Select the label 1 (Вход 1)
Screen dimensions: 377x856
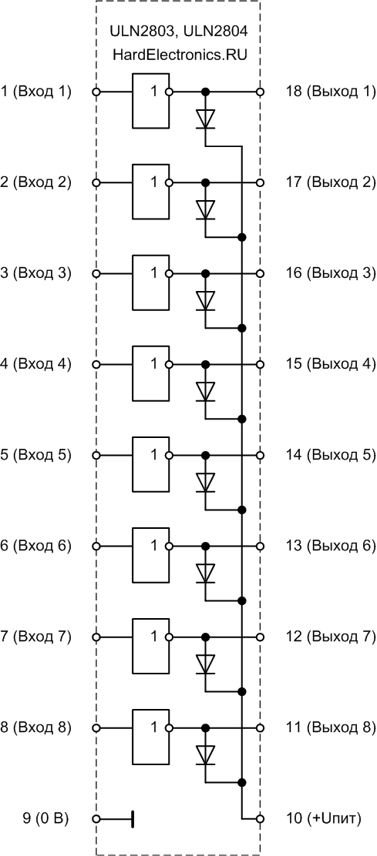[36, 92]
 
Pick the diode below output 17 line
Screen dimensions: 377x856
[206, 209]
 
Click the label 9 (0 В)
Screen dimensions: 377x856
[45, 819]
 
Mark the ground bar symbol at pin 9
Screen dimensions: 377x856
[133, 819]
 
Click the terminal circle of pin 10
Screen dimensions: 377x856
[260, 819]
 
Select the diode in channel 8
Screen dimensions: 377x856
[206, 755]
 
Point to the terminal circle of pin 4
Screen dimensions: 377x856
[96, 364]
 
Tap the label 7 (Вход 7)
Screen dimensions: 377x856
[36, 637]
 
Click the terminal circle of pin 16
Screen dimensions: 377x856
[260, 273]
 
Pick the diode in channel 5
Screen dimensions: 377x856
[206, 482]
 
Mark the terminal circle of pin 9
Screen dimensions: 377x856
[96, 819]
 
